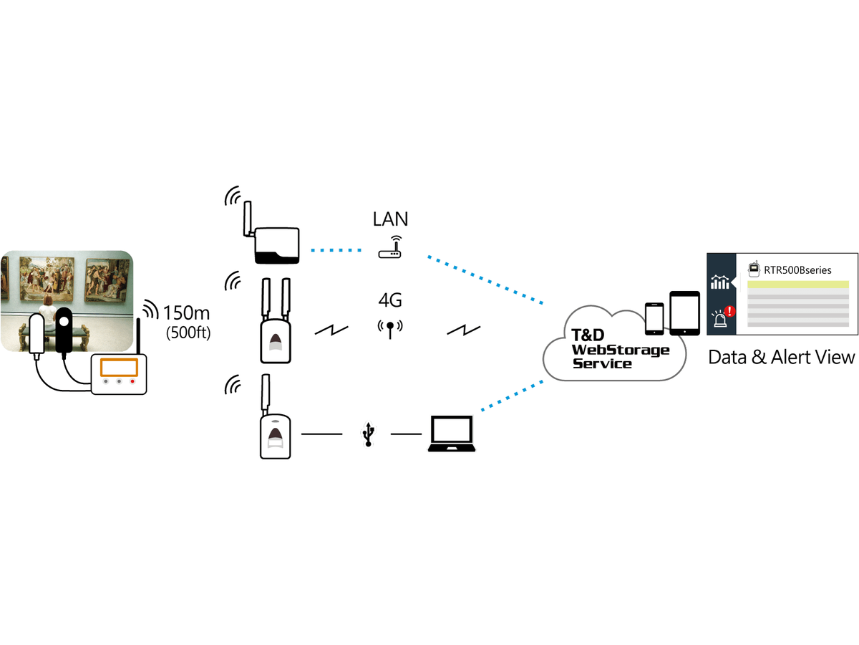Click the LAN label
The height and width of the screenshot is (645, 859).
390,219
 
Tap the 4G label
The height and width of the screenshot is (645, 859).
390,300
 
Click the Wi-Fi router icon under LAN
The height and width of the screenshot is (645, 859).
390,247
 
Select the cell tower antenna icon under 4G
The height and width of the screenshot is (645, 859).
390,329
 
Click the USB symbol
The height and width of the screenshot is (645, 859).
368,434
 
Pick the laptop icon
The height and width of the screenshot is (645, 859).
452,434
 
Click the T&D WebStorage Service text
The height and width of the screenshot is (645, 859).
621,349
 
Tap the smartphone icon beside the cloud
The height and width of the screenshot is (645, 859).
654,319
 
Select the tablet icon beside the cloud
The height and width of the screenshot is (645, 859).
684,313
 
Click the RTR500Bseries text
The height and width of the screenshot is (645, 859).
797,270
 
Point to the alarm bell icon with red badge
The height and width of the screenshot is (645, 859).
723,317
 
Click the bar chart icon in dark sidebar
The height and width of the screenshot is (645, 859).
720,282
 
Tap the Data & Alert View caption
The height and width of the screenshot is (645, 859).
782,357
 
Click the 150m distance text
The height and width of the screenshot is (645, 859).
186,313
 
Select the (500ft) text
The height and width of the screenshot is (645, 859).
188,333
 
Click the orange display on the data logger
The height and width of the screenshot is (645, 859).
119,368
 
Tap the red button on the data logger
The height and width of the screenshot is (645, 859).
132,381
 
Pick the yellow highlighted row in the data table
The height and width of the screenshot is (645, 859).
798,285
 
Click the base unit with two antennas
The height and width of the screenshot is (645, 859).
276,321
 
